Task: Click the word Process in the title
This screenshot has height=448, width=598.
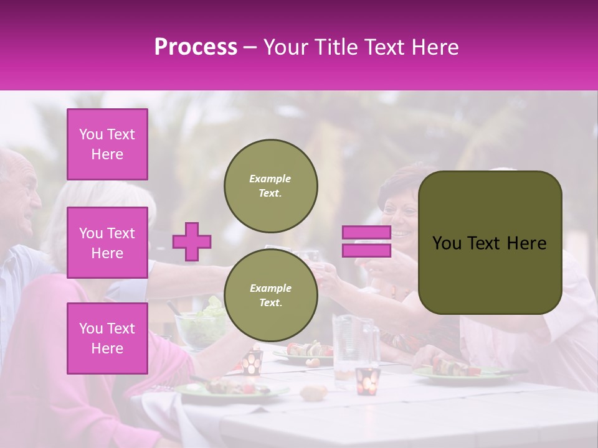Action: tap(196, 47)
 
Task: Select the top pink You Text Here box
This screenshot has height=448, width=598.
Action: tap(107, 144)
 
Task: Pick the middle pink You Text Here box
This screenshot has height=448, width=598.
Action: tap(107, 243)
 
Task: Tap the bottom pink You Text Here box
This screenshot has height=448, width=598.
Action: tap(107, 338)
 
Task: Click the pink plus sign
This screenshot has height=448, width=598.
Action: tap(191, 241)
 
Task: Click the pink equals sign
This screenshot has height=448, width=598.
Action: tap(366, 241)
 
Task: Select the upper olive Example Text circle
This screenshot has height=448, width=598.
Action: tap(270, 185)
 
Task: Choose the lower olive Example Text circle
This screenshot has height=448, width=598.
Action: tap(270, 295)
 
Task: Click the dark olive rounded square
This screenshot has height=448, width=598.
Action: tap(490, 242)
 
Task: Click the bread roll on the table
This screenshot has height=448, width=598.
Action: tap(313, 391)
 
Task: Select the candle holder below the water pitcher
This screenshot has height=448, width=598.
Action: tap(368, 381)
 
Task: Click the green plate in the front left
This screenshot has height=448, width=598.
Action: tap(230, 389)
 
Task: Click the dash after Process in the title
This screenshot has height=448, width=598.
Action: tap(250, 47)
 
